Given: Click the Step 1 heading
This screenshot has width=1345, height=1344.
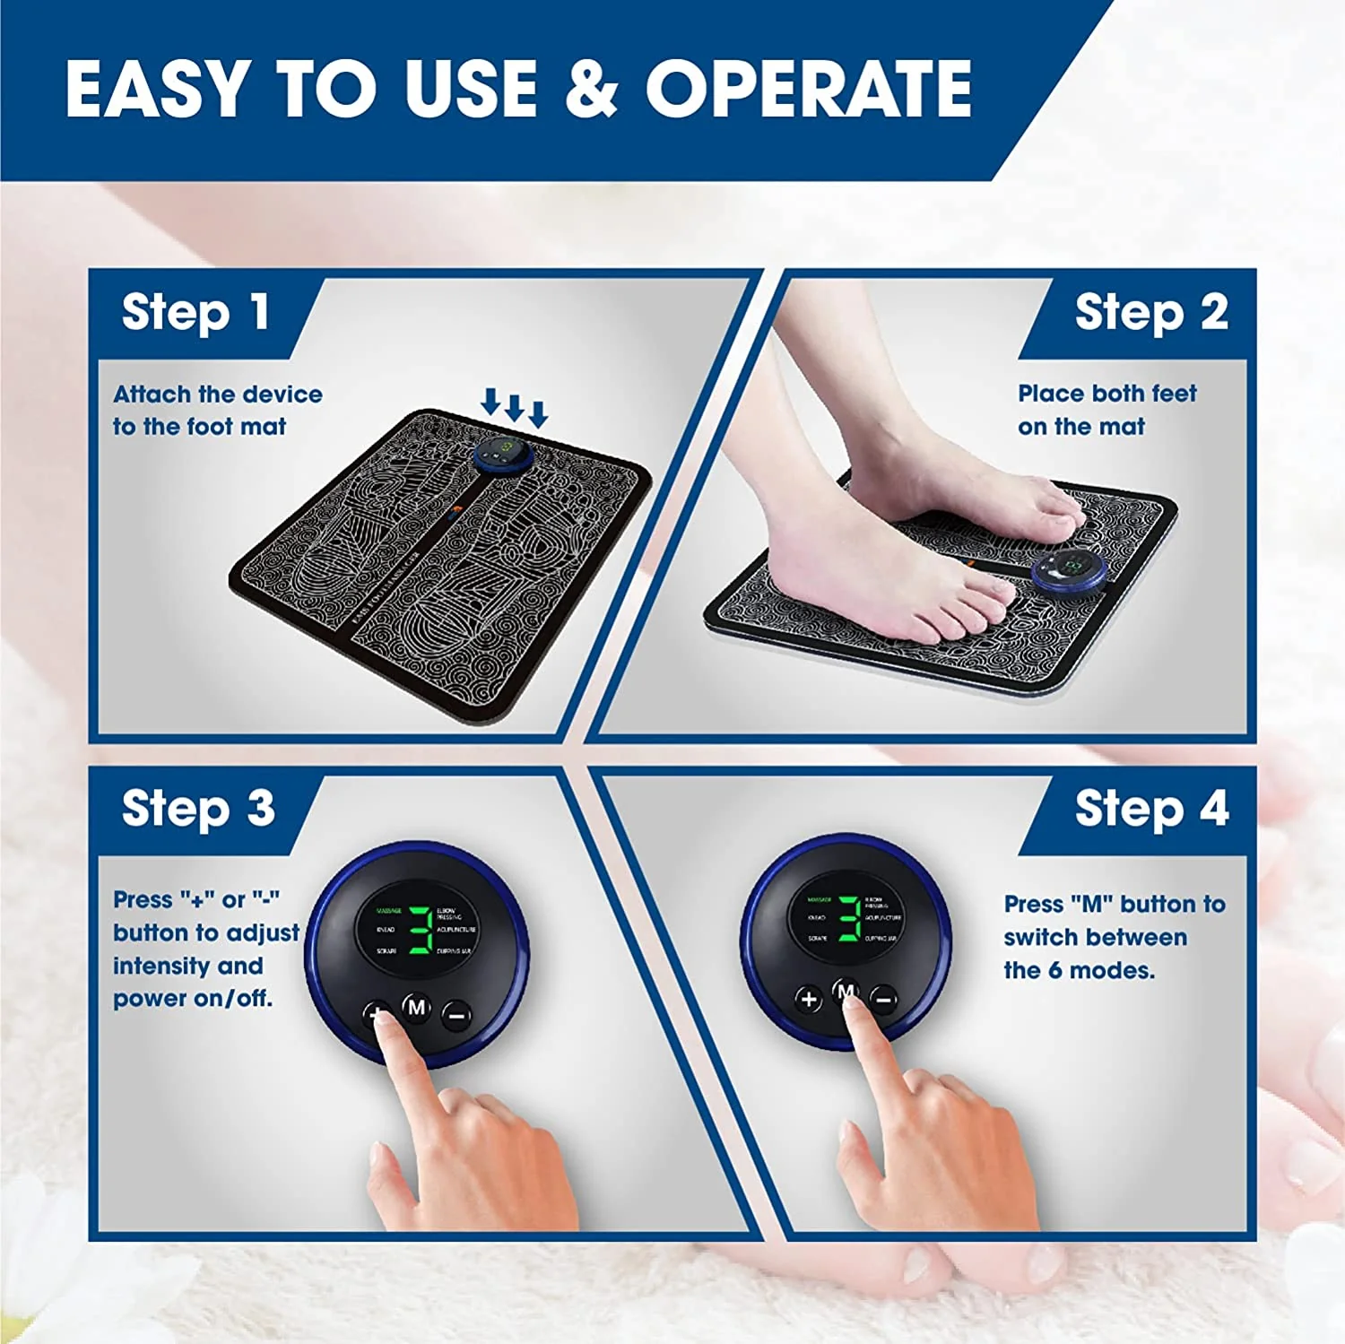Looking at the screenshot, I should click(x=195, y=313).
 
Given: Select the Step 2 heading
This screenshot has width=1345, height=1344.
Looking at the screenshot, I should click(x=1150, y=313).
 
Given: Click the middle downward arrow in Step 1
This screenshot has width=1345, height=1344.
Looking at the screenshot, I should click(x=514, y=406).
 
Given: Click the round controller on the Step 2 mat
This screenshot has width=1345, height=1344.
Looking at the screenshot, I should click(x=1067, y=569).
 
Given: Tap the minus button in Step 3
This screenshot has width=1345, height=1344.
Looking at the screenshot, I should click(x=456, y=1016).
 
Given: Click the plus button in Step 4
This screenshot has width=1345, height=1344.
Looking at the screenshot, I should click(x=809, y=998).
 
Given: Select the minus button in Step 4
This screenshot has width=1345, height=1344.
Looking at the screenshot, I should click(x=883, y=999).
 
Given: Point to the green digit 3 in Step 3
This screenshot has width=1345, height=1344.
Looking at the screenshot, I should click(x=420, y=930).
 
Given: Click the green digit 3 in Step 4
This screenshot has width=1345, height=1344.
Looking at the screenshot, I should click(x=849, y=918).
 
